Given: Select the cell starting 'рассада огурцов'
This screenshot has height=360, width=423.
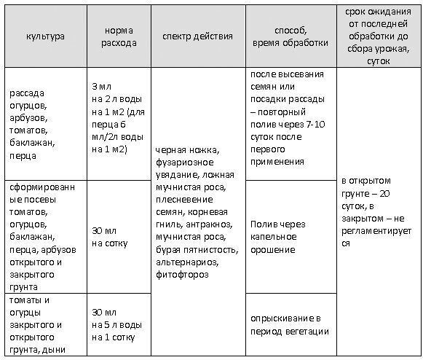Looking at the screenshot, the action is (36, 123).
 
